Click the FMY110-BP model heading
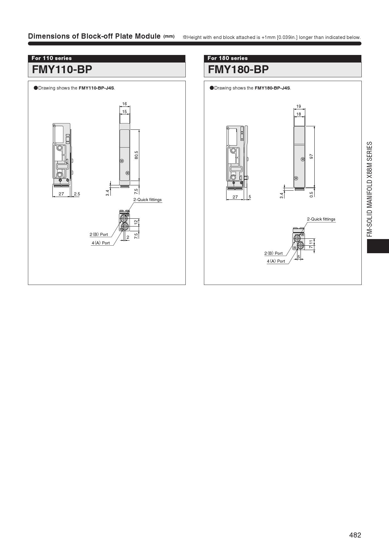pos(62,69)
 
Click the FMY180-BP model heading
pos(238,69)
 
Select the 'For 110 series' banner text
pos(51,58)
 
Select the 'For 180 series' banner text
pos(227,58)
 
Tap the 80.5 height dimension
pos(136,155)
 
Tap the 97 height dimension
pos(312,156)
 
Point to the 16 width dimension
pos(125,104)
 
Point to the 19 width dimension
pos(299,106)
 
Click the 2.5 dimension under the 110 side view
pos(77,194)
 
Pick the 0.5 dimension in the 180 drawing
pos(312,194)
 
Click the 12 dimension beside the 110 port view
pos(136,222)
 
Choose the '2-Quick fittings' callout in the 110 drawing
pos(147,199)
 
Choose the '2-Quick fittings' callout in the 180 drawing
pos(321,219)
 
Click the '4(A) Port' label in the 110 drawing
pos(101,243)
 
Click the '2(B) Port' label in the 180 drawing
pos(274,253)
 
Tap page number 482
pos(355,535)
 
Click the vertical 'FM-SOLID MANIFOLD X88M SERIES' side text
pos(370,189)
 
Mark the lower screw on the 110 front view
pos(127,173)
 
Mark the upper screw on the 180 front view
pos(302,159)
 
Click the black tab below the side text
pos(378,246)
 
